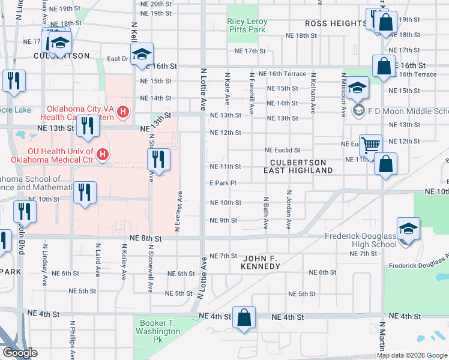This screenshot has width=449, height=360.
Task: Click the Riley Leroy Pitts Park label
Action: pos(247,25)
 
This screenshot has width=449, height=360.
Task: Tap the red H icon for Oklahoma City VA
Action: pos(124,111)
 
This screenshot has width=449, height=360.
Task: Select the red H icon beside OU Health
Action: pos(103,155)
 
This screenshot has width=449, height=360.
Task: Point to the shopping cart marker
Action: pos(371,145)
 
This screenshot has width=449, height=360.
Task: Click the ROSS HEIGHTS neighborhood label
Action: pos(336,23)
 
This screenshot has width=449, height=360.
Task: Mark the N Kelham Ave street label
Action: pos(313,94)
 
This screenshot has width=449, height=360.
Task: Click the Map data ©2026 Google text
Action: pos(412,355)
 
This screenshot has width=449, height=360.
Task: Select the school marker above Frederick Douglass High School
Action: pos(408,229)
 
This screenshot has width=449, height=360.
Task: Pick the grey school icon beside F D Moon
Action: pos(358,110)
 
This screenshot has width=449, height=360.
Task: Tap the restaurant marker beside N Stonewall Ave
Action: pos(158,160)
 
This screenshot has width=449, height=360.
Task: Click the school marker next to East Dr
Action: pos(142,55)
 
